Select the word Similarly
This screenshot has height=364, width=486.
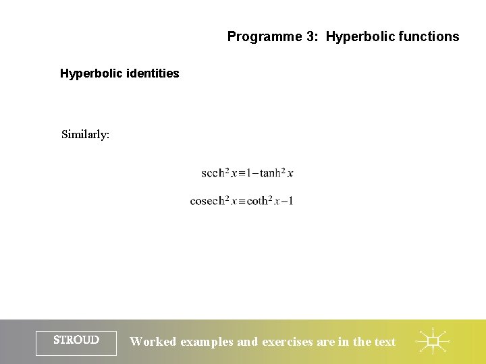[x=85, y=134]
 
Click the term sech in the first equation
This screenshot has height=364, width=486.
[x=212, y=173]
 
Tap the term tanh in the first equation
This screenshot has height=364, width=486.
[x=271, y=173]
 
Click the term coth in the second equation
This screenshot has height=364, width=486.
[x=258, y=201]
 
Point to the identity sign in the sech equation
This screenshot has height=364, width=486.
[x=241, y=174]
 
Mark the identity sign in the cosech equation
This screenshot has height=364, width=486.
[x=242, y=202]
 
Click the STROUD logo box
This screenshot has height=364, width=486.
[x=76, y=341]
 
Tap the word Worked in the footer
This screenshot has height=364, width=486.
[x=153, y=342]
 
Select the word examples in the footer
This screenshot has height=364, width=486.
[x=207, y=342]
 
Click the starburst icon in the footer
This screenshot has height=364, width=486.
[x=432, y=341]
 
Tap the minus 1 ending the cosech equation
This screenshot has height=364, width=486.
[x=287, y=201]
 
